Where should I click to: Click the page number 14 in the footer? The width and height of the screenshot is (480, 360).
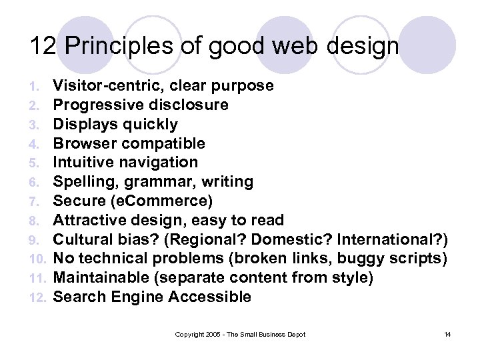point(447,334)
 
